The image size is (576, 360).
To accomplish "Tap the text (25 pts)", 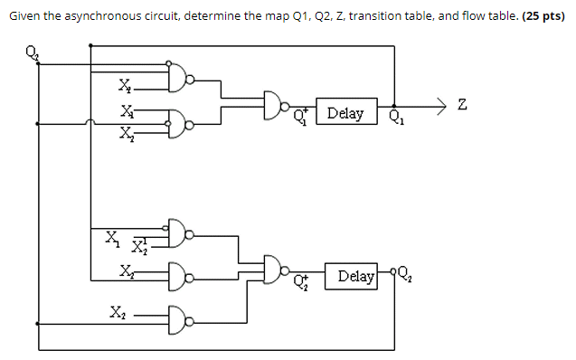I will pyautogui.click(x=544, y=17).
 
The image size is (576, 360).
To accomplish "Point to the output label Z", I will pyautogui.click(x=463, y=108).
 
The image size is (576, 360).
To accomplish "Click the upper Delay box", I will pyautogui.click(x=345, y=113).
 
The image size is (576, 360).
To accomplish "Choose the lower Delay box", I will pyautogui.click(x=356, y=275).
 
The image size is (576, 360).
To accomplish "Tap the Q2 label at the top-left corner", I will pyautogui.click(x=35, y=52).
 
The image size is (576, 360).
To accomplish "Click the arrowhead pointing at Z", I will pyautogui.click(x=440, y=108).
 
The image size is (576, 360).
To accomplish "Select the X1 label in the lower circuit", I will pyautogui.click(x=111, y=239).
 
